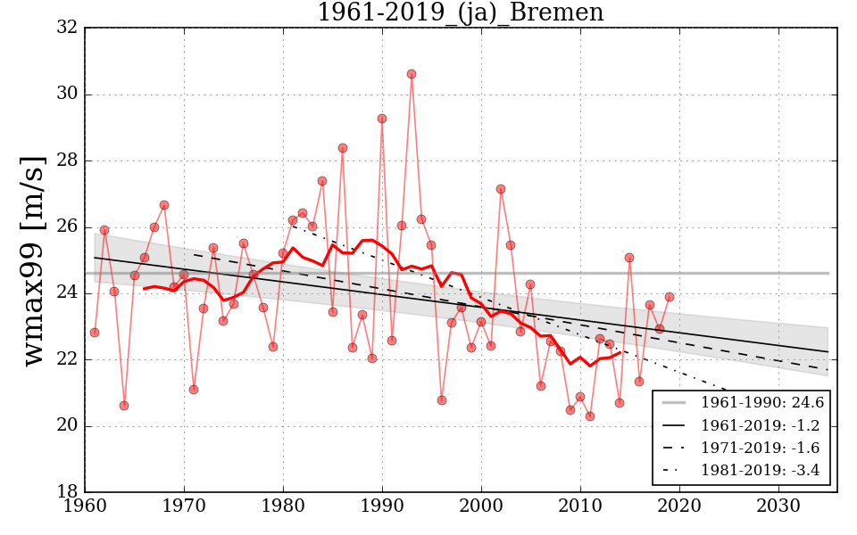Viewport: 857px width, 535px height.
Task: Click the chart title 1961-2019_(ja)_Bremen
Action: pos(460,12)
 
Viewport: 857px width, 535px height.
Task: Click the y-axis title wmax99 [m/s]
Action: pos(33,260)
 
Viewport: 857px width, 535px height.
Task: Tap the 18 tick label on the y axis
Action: pos(66,492)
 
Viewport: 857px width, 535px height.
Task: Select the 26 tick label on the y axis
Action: pos(66,227)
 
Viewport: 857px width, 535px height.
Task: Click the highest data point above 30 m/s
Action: pos(412,74)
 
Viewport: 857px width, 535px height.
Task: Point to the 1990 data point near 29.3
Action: pos(382,119)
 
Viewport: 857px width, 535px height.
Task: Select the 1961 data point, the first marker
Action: pos(95,333)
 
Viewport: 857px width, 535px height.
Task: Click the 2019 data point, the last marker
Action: pos(670,297)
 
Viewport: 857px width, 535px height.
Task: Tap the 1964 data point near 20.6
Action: pos(124,406)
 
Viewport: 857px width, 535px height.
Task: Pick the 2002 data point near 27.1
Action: pos(501,189)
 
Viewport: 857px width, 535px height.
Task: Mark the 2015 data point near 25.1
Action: pos(629,258)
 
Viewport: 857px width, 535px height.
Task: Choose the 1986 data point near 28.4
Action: pos(343,148)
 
